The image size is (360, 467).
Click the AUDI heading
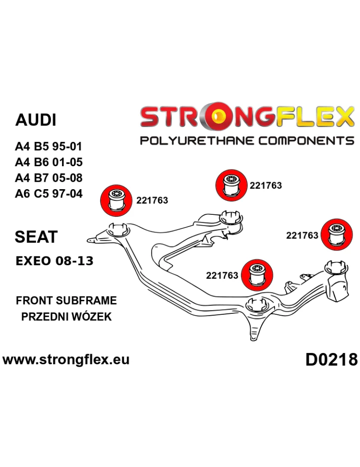(x=36, y=120)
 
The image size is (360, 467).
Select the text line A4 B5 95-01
(x=49, y=147)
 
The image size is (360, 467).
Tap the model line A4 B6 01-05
(x=49, y=162)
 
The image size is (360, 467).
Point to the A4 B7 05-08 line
(x=49, y=177)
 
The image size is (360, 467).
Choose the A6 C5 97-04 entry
(x=49, y=193)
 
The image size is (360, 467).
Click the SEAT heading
(x=36, y=237)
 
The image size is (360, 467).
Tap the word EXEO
(x=34, y=261)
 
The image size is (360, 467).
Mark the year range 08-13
(x=74, y=261)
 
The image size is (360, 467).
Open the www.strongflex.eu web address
(x=66, y=360)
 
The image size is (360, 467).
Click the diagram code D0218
(x=332, y=360)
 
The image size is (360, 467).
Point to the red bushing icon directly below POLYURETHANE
(x=230, y=185)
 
